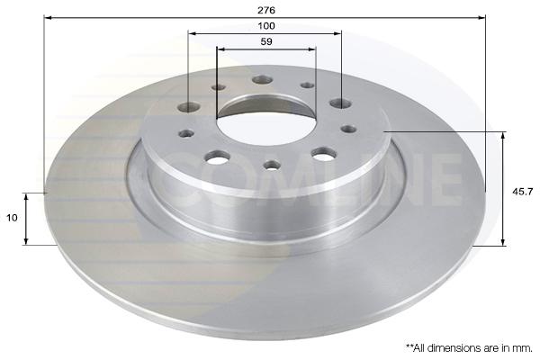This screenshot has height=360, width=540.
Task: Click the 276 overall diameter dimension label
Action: pyautogui.click(x=266, y=10)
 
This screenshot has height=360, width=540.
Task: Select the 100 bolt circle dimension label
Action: pyautogui.click(x=266, y=26)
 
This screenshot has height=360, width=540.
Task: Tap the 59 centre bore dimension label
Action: pyautogui.click(x=266, y=41)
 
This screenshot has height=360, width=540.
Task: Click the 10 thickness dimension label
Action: pyautogui.click(x=12, y=218)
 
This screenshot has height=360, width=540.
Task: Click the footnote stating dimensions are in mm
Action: pyautogui.click(x=469, y=348)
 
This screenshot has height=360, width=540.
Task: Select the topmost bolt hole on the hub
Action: pyautogui.click(x=262, y=80)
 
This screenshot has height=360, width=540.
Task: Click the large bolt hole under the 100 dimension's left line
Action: pyautogui.click(x=189, y=107)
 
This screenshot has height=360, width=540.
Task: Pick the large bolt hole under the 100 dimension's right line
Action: pyautogui.click(x=340, y=103)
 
